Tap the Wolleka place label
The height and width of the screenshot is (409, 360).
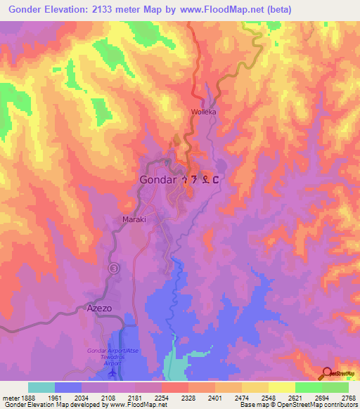coord(203,112)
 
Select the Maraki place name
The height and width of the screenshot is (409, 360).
coord(134,219)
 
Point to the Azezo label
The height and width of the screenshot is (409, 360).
coord(99,308)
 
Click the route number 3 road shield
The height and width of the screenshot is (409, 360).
coord(114,268)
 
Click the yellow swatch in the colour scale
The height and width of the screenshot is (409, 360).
coord(282,387)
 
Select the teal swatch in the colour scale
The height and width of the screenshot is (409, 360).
coord(41,387)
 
